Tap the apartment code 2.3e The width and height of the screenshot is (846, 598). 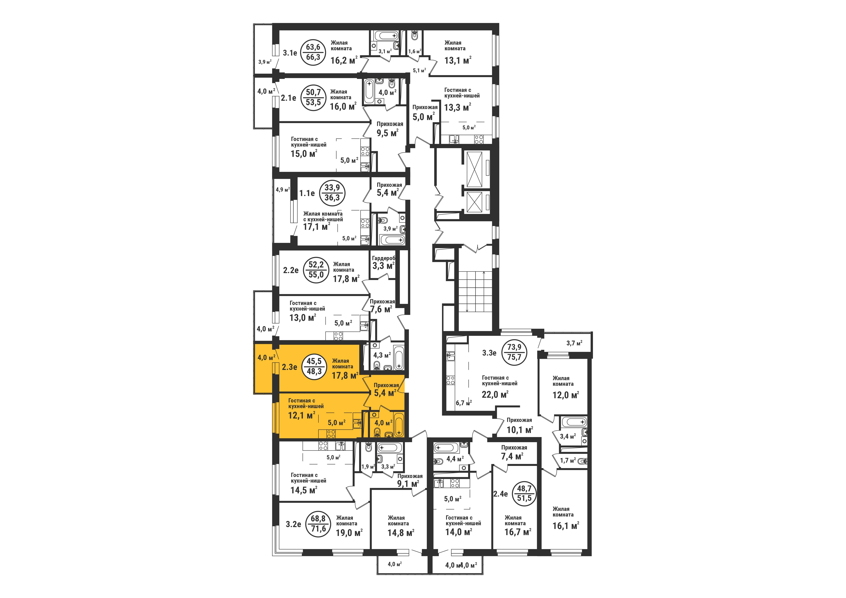(x=290, y=367)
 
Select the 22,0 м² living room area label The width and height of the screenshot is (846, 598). (x=495, y=394)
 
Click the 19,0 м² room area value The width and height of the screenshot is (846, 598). (x=349, y=533)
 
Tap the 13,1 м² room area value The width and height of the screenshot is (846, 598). (x=458, y=60)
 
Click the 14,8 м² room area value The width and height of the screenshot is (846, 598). (x=401, y=533)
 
